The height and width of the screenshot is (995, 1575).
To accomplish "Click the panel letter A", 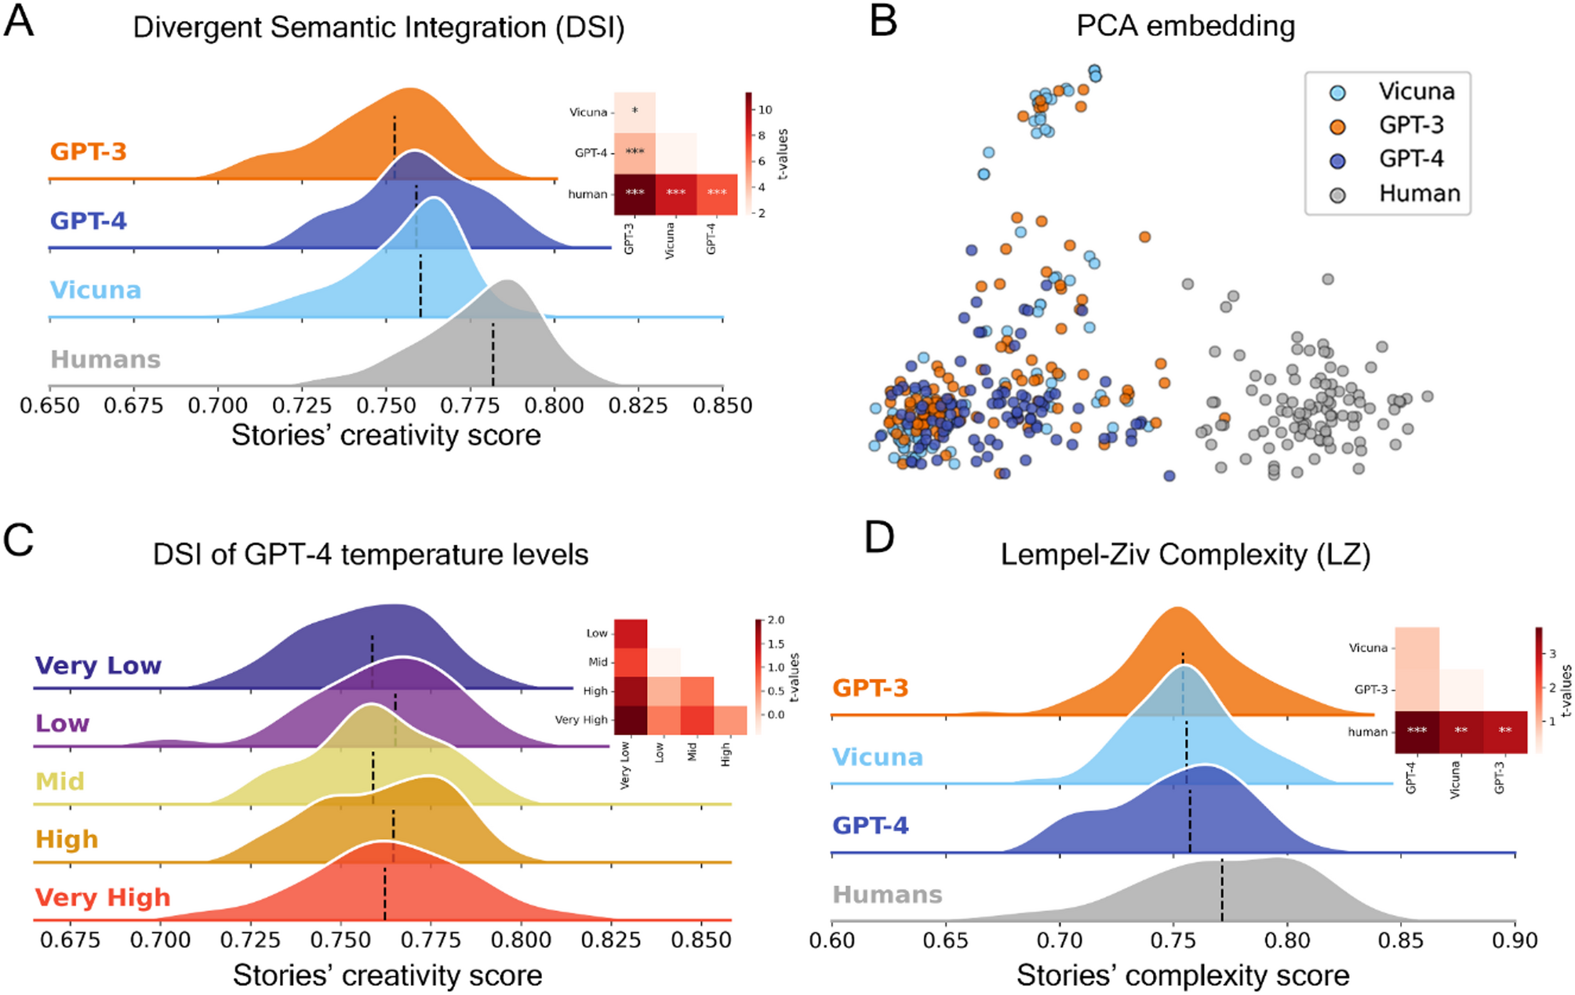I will coord(19,21).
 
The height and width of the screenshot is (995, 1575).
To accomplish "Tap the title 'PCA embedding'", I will coord(1184,26).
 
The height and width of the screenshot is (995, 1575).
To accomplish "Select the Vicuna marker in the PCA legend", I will coord(1337,93).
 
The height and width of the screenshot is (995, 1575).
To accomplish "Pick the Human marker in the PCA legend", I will coord(1337,194).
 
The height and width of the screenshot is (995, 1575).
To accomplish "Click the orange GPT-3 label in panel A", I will coord(88,151).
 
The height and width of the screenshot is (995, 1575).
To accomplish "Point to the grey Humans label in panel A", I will coord(105,360).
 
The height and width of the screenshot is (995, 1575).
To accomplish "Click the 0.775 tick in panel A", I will coord(470,405).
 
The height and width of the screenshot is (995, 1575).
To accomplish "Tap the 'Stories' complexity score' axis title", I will coord(1182,975).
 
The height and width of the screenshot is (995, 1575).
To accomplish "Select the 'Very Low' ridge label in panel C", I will coord(98,666).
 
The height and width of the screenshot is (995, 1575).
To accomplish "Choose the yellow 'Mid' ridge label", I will coord(60,782).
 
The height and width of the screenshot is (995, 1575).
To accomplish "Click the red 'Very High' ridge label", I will coord(102,898).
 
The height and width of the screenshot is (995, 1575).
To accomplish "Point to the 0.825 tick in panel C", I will coord(611,940).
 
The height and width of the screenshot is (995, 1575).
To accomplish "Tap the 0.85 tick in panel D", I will coord(1401,940).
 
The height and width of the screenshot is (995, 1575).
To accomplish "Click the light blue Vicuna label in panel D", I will coord(877,757).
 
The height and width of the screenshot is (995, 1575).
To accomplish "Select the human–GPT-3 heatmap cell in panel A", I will coord(635,194).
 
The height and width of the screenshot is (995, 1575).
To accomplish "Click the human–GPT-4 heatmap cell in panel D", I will coord(1417,732).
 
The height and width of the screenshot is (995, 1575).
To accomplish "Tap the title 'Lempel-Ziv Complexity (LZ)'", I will coord(1184,554).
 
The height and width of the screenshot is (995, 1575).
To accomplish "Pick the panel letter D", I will coord(878,539).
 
